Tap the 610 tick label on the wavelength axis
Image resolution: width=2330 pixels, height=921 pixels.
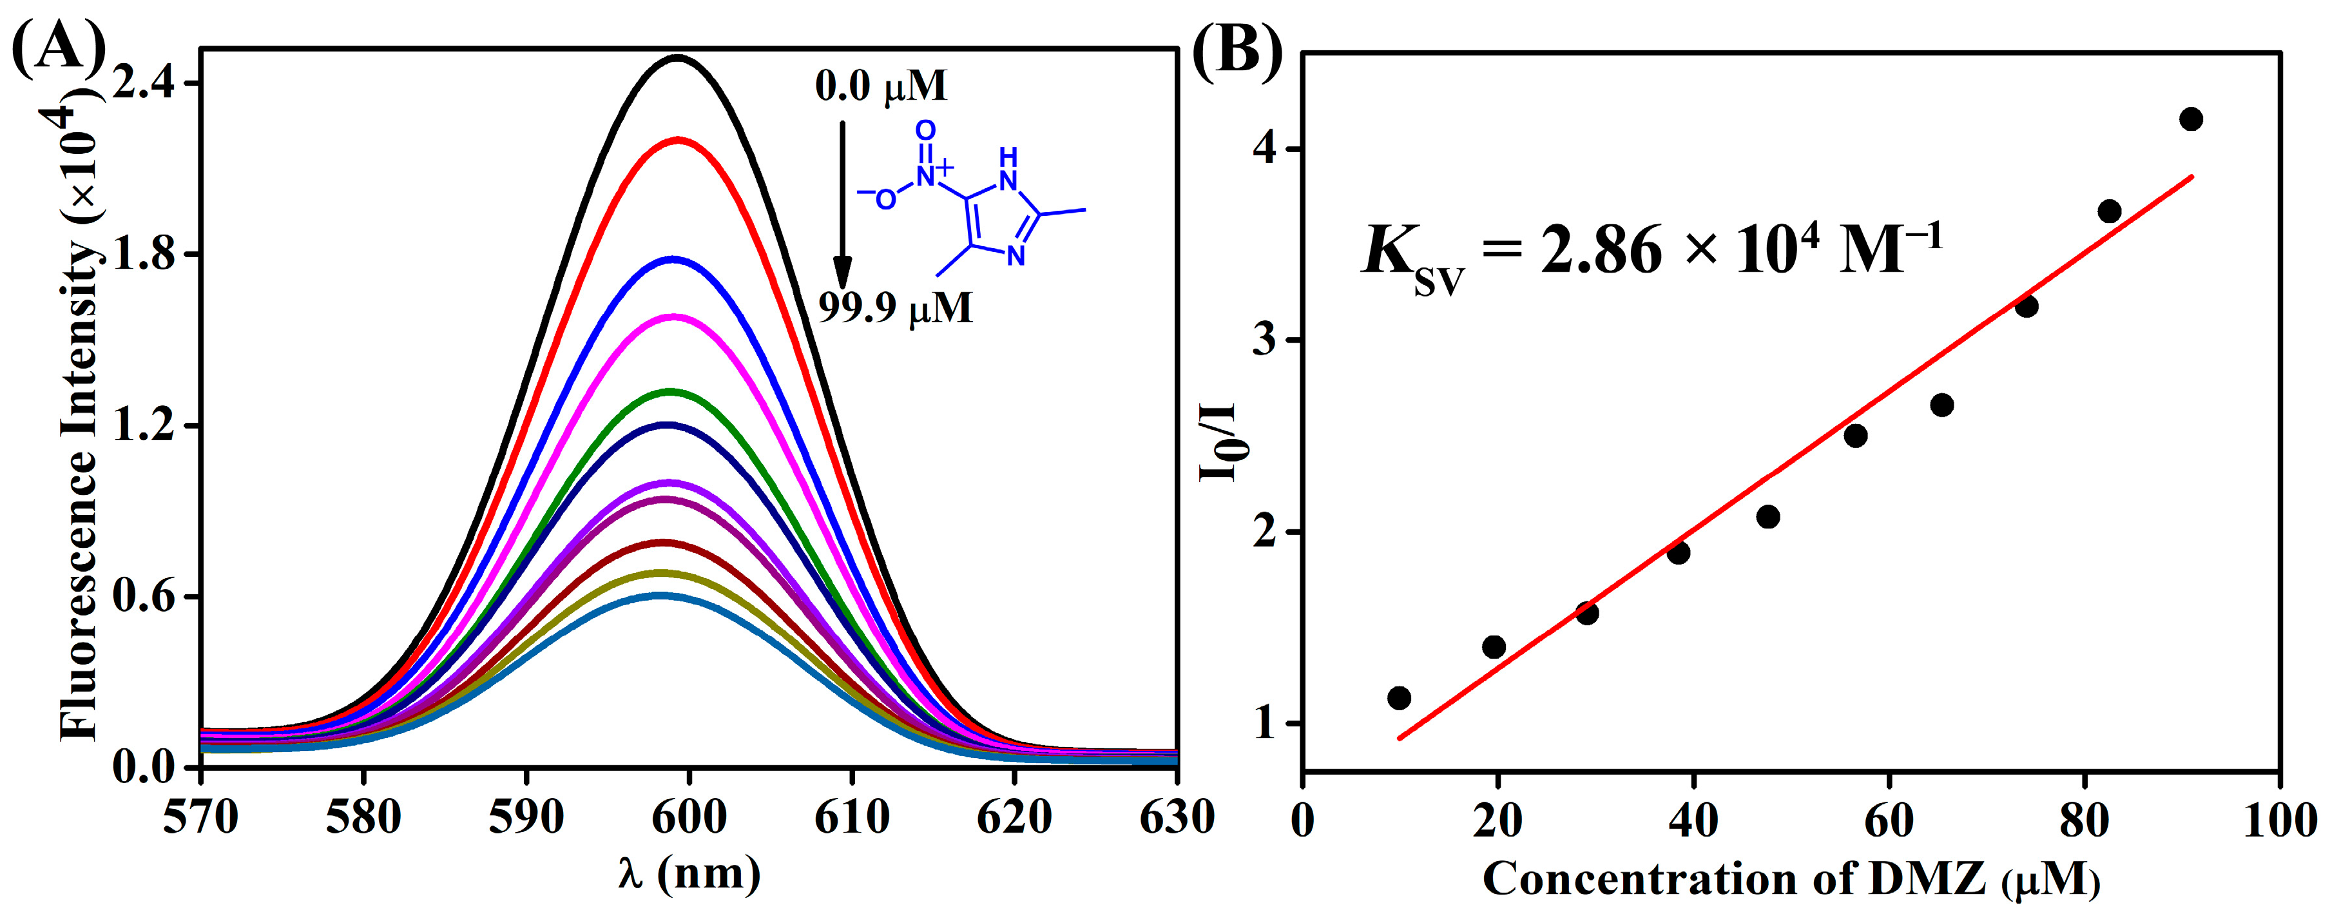point(851,818)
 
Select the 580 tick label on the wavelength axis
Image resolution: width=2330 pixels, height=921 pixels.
point(363,818)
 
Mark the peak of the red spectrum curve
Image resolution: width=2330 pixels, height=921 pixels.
point(677,141)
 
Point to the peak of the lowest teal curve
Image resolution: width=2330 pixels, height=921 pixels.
point(661,596)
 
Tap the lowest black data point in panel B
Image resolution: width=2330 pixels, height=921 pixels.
point(1400,697)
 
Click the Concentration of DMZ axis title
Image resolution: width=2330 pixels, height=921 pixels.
point(1791,879)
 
